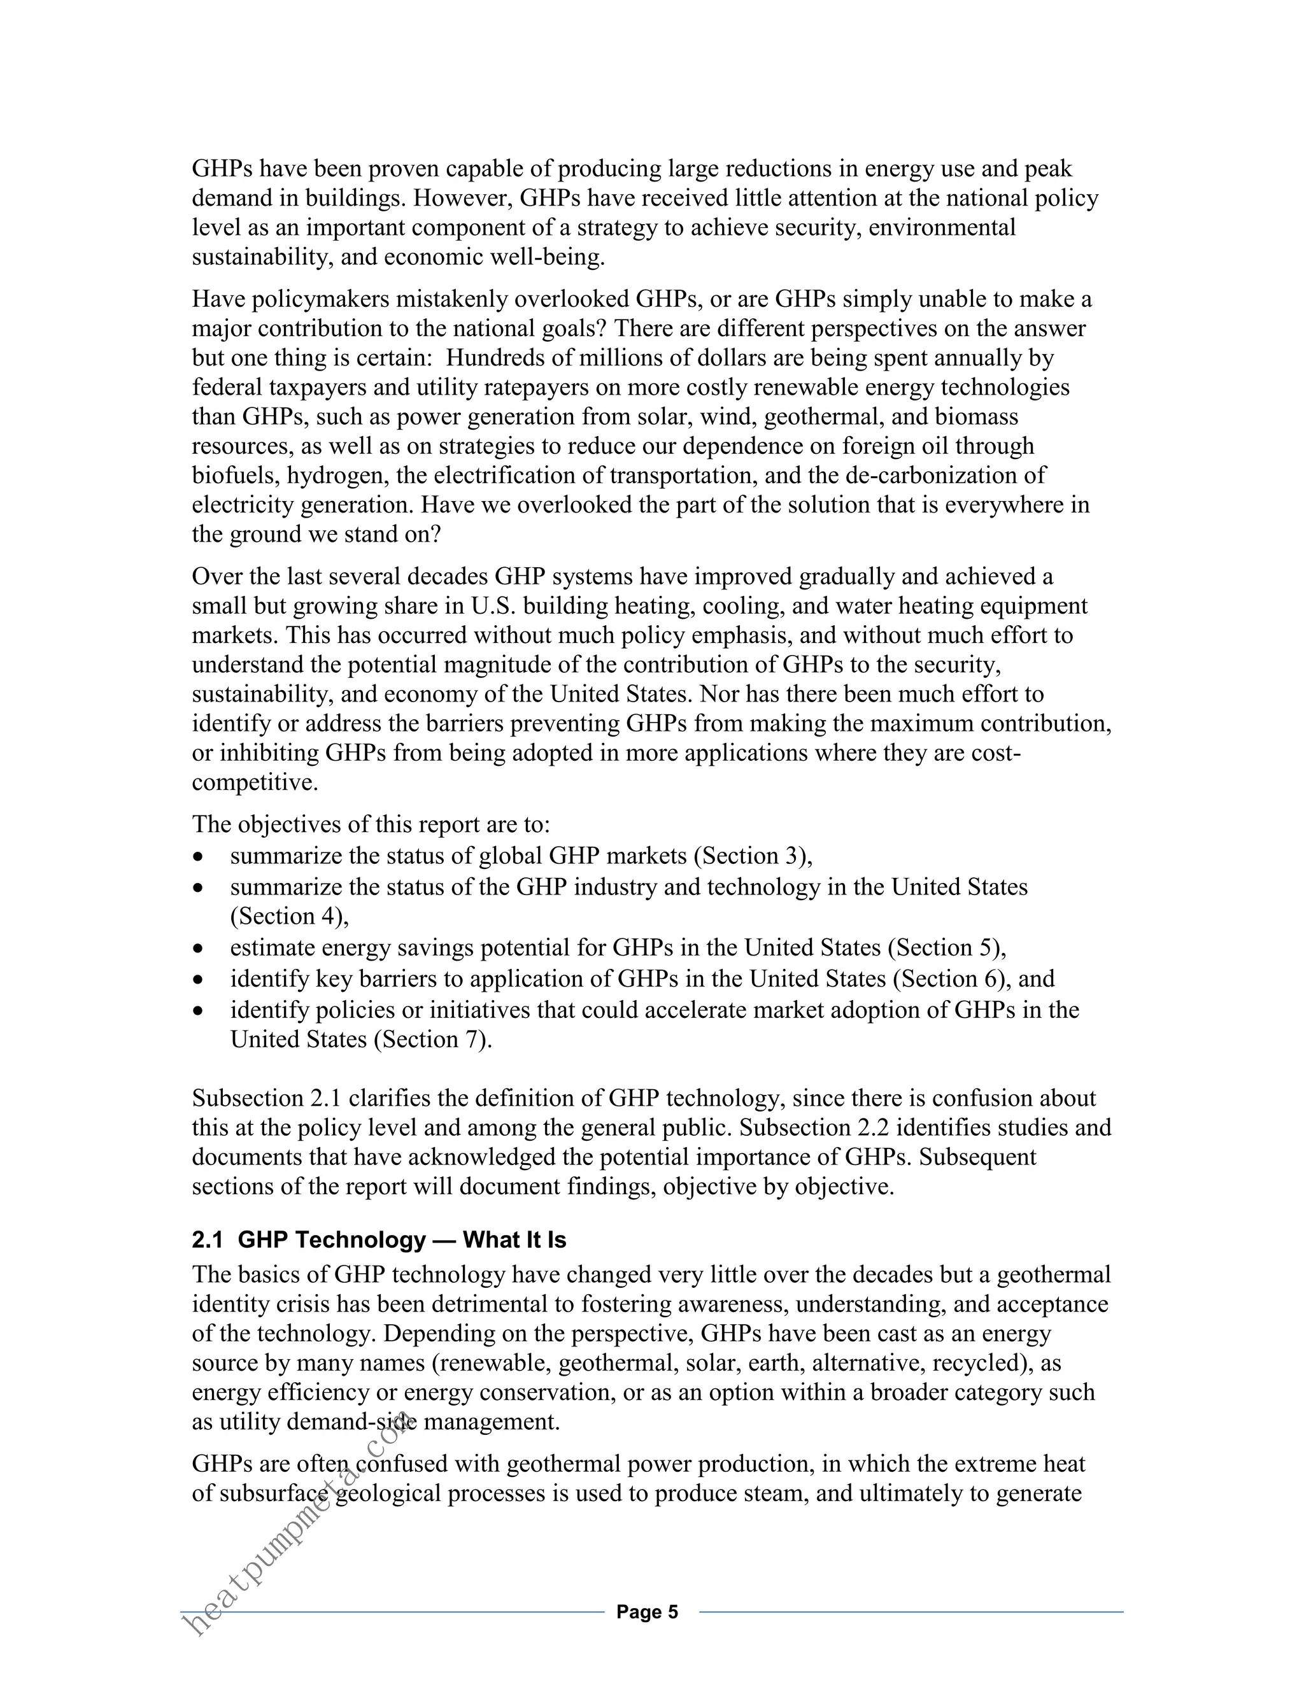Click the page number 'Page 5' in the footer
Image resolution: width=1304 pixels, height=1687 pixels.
[647, 1612]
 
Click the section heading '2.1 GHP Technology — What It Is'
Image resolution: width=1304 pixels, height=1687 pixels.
[379, 1241]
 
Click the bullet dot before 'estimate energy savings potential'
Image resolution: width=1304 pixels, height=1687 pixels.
[199, 949]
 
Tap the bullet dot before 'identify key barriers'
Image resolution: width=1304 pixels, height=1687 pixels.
[199, 980]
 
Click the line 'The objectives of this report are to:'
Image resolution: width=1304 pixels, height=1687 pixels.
[371, 824]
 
